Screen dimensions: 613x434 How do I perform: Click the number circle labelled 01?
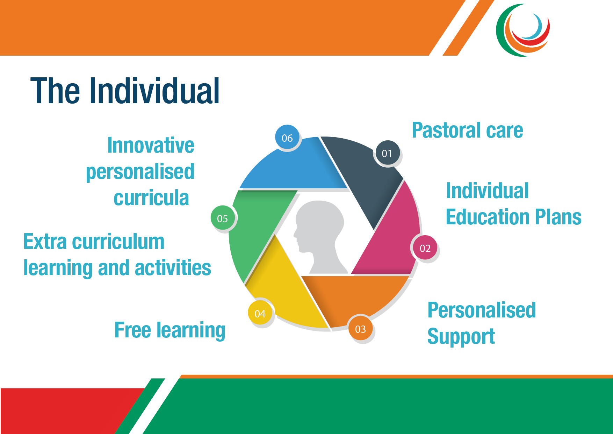[x=387, y=153]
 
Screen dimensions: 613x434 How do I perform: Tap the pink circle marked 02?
[x=425, y=248]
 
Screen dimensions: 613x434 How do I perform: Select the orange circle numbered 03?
[x=360, y=329]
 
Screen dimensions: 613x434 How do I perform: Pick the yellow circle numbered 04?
[x=260, y=313]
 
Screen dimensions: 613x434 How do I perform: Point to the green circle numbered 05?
[x=223, y=218]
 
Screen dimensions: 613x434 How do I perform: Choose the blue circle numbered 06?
[x=287, y=138]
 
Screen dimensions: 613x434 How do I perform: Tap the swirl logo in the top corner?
[x=523, y=30]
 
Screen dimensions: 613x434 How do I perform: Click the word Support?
[x=461, y=337]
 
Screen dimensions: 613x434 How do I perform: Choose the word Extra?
[x=45, y=241]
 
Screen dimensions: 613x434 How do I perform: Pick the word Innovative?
[x=151, y=145]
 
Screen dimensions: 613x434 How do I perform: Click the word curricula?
[x=151, y=198]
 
